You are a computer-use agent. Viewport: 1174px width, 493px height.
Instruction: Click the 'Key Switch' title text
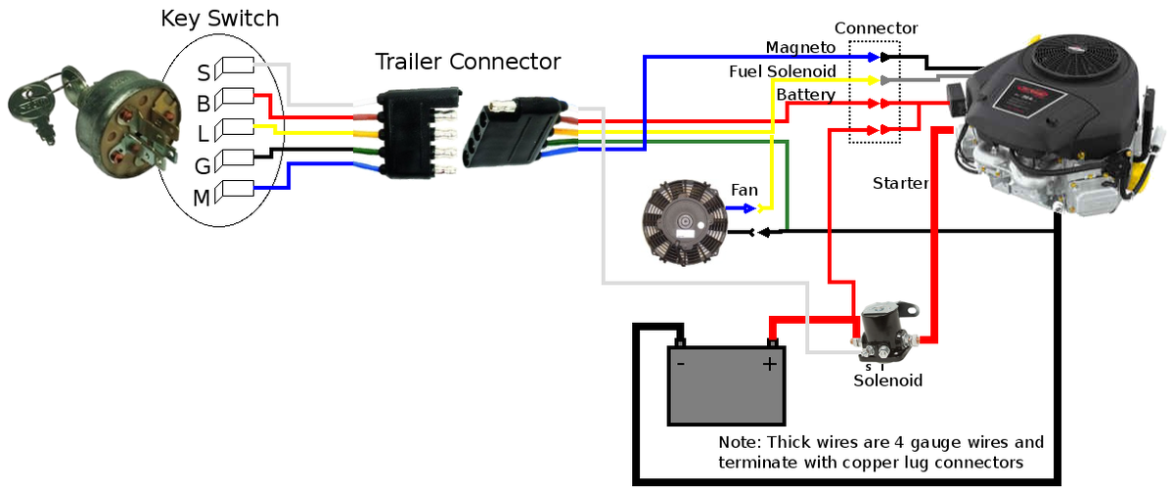click(219, 19)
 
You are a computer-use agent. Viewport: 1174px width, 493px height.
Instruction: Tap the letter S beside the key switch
click(203, 72)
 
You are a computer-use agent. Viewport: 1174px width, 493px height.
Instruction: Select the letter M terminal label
click(201, 199)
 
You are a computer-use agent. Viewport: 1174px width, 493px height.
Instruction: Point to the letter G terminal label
click(202, 166)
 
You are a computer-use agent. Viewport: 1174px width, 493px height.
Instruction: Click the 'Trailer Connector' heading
click(468, 62)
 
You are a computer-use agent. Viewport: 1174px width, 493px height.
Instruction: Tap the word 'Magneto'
click(799, 48)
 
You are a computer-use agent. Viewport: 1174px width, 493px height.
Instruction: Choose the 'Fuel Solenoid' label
click(782, 72)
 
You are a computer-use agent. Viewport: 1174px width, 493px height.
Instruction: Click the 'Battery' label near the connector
click(806, 95)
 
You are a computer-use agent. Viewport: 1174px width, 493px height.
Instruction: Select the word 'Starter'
click(900, 183)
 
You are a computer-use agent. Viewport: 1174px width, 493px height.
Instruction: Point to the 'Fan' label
click(745, 189)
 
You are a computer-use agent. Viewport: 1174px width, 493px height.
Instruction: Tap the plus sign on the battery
click(770, 364)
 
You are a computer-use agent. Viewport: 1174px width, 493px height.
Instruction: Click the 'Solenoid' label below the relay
click(887, 381)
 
